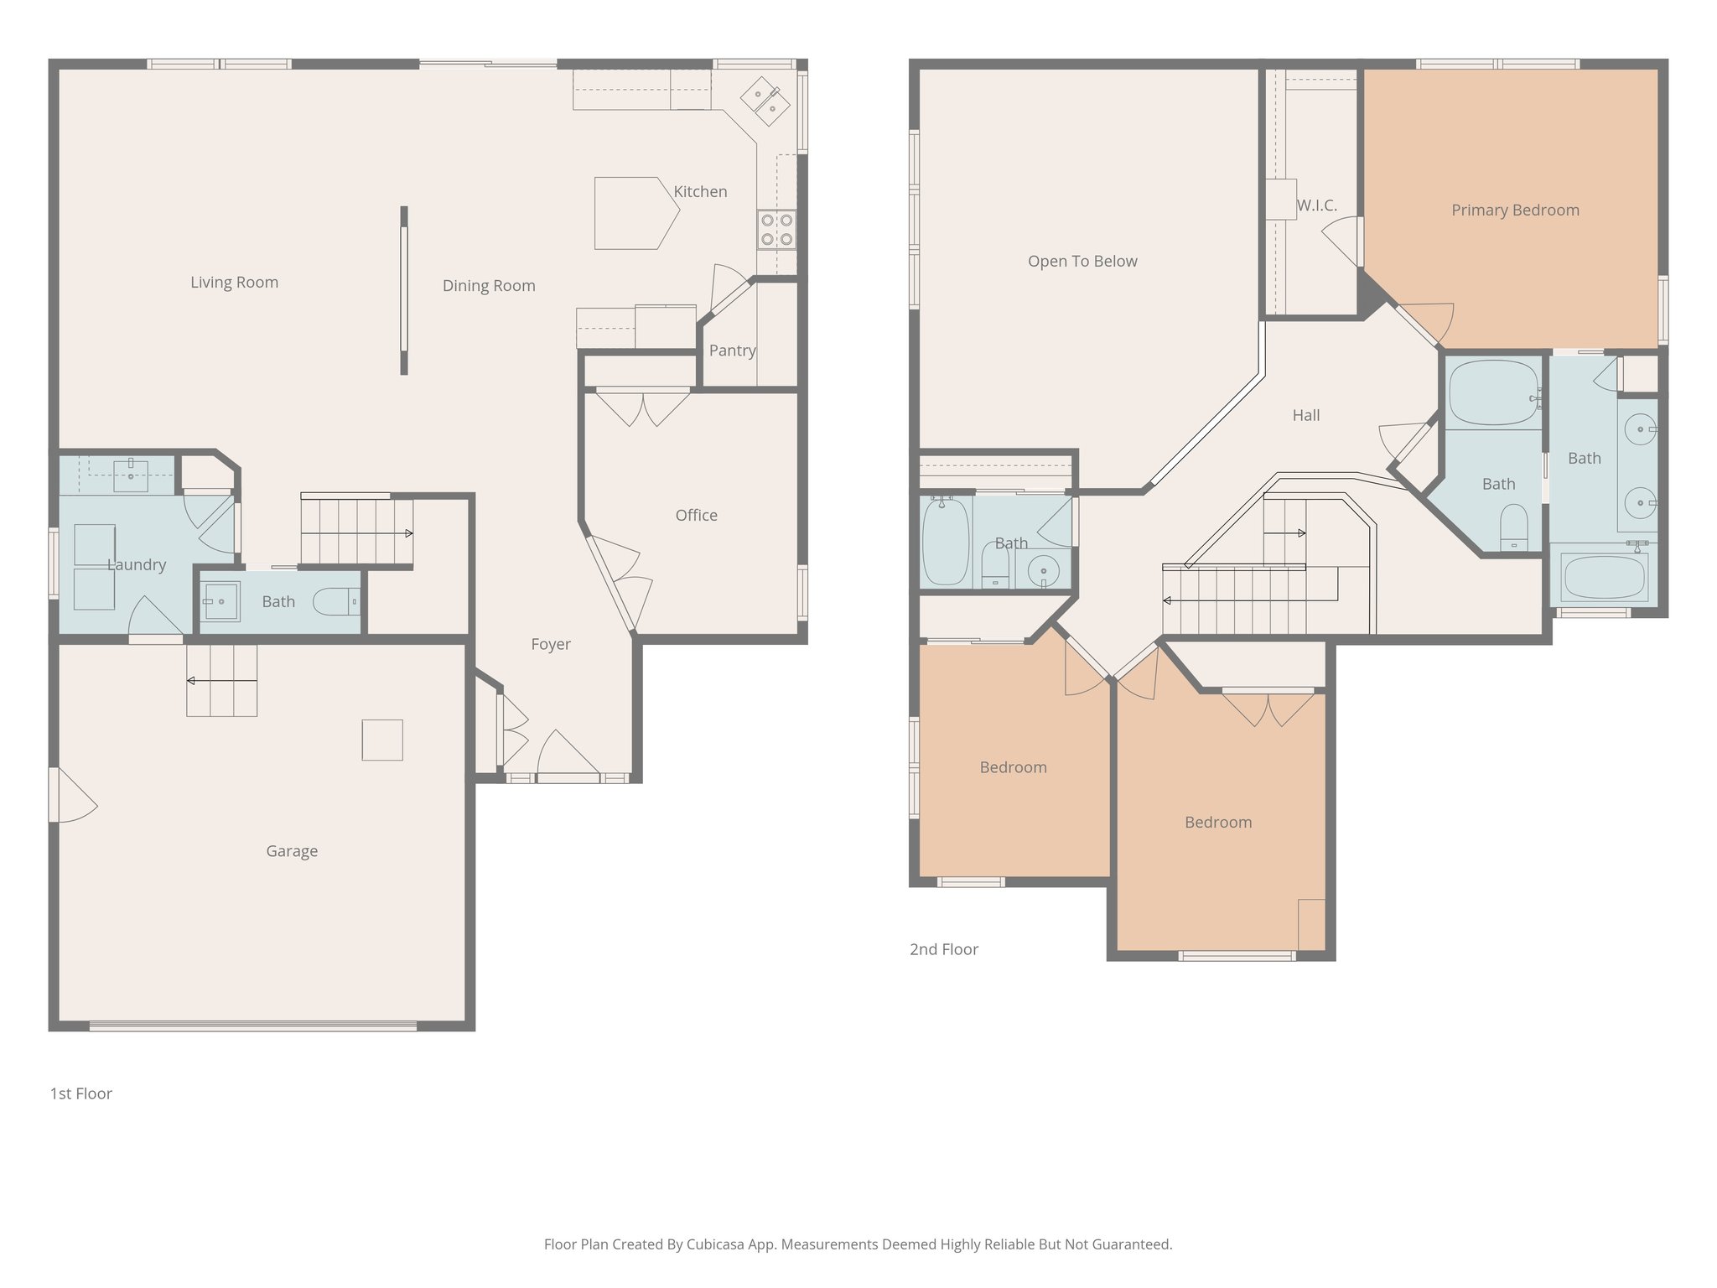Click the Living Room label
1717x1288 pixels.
(234, 283)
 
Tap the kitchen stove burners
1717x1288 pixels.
(776, 230)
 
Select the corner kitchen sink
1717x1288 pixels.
(765, 101)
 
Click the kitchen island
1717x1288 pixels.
(634, 213)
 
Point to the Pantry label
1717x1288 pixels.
(732, 351)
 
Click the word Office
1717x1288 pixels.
(696, 516)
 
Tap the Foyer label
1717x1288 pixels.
(551, 644)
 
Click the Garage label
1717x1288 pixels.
(292, 851)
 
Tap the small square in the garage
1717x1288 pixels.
(382, 740)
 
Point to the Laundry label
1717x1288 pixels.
(137, 565)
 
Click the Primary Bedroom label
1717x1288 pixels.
(1515, 210)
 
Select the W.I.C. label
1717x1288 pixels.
(1316, 205)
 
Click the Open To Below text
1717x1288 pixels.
(1082, 262)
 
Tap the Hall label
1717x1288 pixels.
(1305, 415)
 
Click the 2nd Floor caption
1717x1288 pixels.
(944, 949)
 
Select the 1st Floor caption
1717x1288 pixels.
(81, 1093)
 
